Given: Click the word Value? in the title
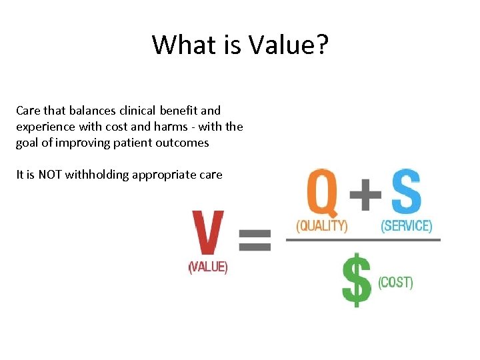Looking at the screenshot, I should pos(289,45).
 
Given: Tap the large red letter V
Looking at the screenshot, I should pos(208,233).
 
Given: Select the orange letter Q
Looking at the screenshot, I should pos(323,192).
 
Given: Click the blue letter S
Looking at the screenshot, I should pos(405,192).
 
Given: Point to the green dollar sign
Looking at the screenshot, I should pos(357,279).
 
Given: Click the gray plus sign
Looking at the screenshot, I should pos(366,194).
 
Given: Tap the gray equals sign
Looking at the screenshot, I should pos(255,239).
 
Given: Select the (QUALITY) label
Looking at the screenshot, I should pos(323,226).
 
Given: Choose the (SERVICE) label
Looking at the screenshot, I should pos(406,226).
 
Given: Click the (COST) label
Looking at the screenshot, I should pos(395,283).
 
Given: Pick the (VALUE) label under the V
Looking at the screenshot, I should pos(208,267).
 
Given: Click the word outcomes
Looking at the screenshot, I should pos(183,143).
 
